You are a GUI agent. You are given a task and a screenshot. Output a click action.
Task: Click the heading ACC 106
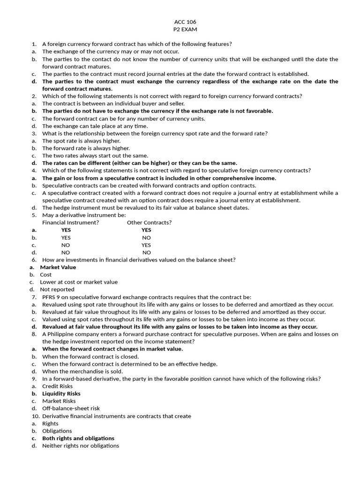point(180,22)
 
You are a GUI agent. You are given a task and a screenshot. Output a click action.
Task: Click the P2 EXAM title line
point(180,29)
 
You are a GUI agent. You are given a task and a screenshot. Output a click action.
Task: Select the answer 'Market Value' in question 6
point(58,267)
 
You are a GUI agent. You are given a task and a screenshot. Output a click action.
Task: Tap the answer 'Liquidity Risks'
point(61,394)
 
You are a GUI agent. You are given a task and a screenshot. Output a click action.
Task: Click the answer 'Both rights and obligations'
point(78,438)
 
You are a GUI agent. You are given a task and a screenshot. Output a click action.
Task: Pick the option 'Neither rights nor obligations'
point(81,446)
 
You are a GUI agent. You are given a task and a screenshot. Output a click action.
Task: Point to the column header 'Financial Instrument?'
point(70,223)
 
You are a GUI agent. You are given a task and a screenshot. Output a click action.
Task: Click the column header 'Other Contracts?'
point(149,223)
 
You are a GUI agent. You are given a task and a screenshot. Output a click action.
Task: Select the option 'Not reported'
point(57,290)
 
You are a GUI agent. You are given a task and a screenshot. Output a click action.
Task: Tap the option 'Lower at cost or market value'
point(79,282)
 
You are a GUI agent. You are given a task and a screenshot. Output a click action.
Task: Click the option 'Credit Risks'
point(58,386)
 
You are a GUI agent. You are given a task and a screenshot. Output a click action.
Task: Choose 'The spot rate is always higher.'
point(81,141)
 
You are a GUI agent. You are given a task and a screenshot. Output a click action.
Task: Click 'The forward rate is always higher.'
point(86,148)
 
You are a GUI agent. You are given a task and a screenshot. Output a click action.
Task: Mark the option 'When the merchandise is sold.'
point(82,371)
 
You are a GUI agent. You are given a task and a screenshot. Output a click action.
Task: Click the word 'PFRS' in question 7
point(50,297)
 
